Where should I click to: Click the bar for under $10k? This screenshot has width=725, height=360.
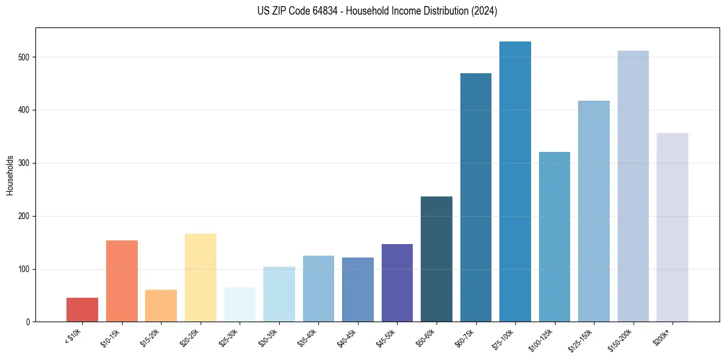point(82,310)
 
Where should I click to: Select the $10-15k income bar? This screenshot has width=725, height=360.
point(122,281)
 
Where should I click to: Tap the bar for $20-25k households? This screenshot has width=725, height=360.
point(201,278)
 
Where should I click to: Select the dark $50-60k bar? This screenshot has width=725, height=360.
point(437,259)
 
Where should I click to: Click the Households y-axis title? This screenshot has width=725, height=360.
point(10,175)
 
